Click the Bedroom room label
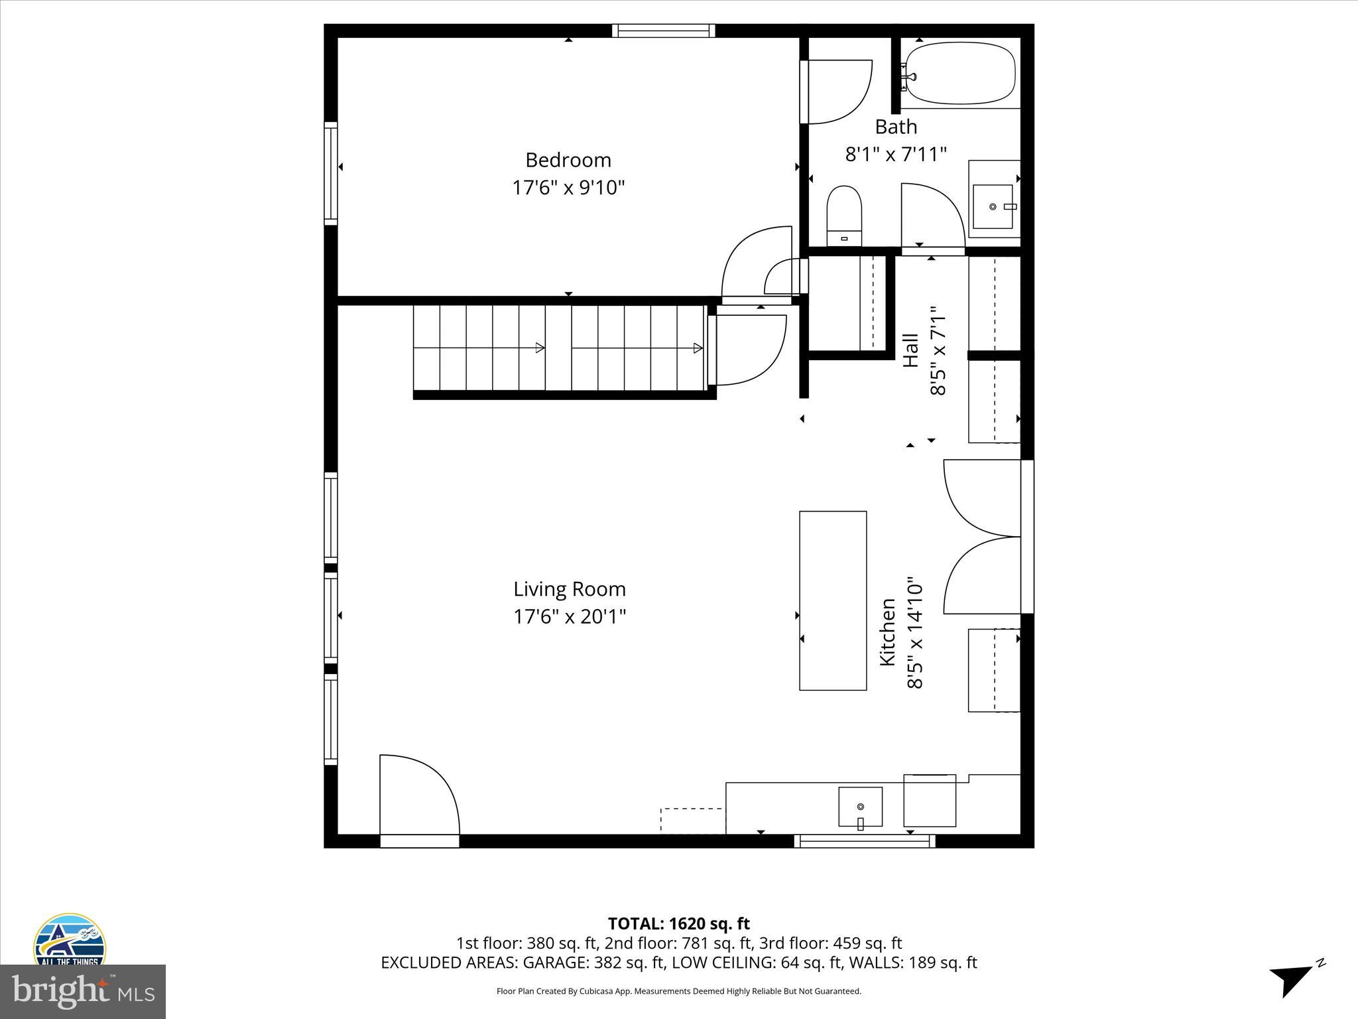pos(568,160)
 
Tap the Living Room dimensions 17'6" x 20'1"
pos(570,617)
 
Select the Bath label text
pos(896,127)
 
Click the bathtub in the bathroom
pos(959,74)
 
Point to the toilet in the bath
pos(843,216)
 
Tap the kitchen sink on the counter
pos(860,807)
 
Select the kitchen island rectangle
pos(833,600)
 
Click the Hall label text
pos(911,350)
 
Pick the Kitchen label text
pos(887,632)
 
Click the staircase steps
pos(558,348)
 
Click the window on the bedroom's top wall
pos(663,31)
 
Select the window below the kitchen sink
pos(865,841)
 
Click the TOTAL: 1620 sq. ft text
pos(678,923)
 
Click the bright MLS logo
pos(82,991)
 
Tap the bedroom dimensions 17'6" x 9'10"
pos(568,188)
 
